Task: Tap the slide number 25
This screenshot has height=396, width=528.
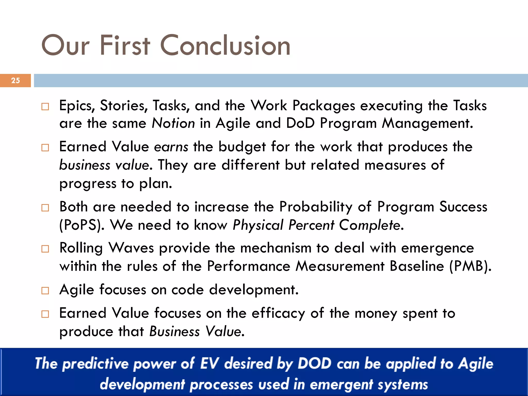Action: tap(15, 80)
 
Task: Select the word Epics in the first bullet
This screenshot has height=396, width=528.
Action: tap(77, 106)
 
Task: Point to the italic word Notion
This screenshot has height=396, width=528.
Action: tap(173, 123)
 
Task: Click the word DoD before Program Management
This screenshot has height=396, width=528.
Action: tap(300, 123)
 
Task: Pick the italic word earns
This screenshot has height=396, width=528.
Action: tap(171, 147)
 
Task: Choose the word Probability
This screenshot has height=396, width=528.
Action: tap(316, 207)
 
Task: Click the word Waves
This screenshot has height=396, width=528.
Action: tap(131, 248)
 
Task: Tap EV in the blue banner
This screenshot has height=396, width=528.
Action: tap(209, 364)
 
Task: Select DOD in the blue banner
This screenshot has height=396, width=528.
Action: tap(314, 364)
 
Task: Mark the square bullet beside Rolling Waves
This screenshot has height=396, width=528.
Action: tap(45, 249)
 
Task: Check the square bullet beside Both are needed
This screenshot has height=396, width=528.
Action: tap(45, 208)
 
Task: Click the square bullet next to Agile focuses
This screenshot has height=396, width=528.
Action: tap(45, 291)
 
